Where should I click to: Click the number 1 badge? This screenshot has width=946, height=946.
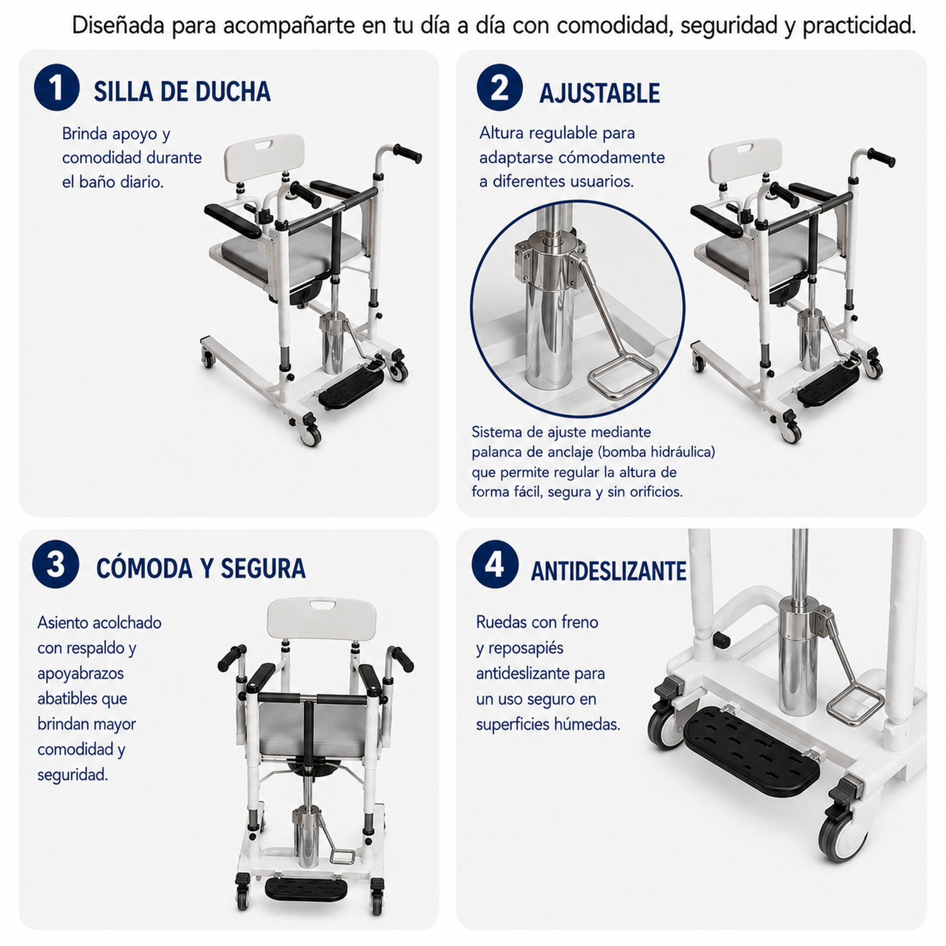click(x=57, y=88)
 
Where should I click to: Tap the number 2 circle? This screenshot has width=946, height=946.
click(x=499, y=88)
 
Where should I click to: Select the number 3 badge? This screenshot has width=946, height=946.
click(x=55, y=564)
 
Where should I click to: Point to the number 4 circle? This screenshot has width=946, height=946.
click(x=494, y=564)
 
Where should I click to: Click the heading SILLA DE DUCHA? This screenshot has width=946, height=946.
click(x=182, y=92)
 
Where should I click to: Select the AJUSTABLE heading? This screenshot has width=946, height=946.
click(x=599, y=93)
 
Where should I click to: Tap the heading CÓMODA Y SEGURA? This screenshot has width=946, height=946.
click(x=201, y=568)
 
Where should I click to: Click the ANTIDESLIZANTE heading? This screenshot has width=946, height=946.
click(x=609, y=571)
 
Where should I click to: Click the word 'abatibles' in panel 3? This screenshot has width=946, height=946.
click(x=82, y=698)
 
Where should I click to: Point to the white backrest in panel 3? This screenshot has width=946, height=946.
click(x=322, y=618)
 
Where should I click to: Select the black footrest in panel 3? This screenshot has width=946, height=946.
click(x=306, y=889)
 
